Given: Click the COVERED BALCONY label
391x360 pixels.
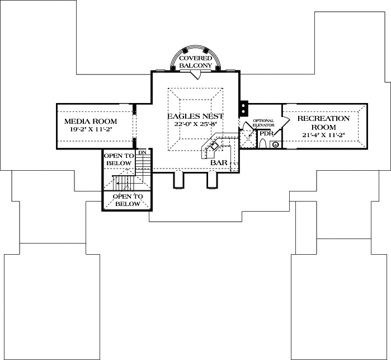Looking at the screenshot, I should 195,62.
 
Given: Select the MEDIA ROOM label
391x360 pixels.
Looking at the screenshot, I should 91,121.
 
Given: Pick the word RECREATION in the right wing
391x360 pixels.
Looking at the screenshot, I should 323,119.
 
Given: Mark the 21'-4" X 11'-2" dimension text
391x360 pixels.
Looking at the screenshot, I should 323,135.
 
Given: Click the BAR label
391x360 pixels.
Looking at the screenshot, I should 218,163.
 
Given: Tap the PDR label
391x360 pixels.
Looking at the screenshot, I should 266,134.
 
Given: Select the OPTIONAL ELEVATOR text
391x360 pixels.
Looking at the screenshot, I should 263,123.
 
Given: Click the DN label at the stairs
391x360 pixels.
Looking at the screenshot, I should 143,152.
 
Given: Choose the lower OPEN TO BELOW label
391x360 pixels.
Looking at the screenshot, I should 128,200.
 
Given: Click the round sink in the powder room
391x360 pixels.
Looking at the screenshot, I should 275,144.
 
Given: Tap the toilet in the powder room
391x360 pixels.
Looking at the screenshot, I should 262,143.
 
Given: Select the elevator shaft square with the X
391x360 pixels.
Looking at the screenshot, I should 246,138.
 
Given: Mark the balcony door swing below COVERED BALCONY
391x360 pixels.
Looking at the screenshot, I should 195,75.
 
